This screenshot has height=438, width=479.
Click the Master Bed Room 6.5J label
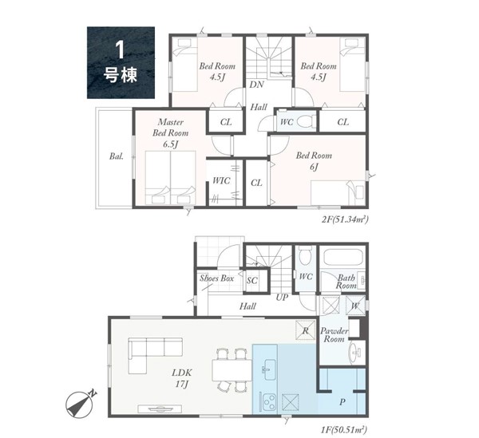tap(171, 133)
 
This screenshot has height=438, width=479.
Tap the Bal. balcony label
tap(117, 156)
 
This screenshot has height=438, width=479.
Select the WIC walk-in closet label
tap(221, 180)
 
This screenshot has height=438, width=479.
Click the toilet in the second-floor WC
tap(306, 122)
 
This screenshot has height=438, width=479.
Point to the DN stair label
tap(256, 85)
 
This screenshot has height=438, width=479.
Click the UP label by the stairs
tap(282, 297)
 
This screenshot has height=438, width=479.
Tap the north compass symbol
tap(81, 403)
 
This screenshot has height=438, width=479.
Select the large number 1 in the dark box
tap(120, 50)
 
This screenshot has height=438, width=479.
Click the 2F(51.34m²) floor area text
tap(345, 219)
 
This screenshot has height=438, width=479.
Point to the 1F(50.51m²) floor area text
tap(343, 430)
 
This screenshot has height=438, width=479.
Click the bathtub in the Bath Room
tap(343, 258)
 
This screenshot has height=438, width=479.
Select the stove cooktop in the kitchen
tap(268, 401)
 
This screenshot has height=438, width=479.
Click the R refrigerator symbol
tap(306, 329)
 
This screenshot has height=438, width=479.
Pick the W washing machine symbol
tap(355, 305)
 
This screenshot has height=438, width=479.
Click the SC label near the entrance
tap(252, 280)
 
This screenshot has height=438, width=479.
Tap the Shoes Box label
tap(217, 278)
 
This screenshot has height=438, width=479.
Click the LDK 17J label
tap(182, 378)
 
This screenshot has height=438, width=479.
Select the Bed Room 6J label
tap(314, 161)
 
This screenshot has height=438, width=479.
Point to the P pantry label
tap(342, 402)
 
